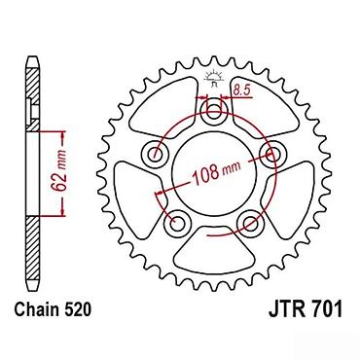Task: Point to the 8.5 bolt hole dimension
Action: (242, 90)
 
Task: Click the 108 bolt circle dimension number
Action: (205, 174)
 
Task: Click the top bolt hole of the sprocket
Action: (213, 114)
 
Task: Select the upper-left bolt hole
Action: (155, 154)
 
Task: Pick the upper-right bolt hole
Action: (271, 154)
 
